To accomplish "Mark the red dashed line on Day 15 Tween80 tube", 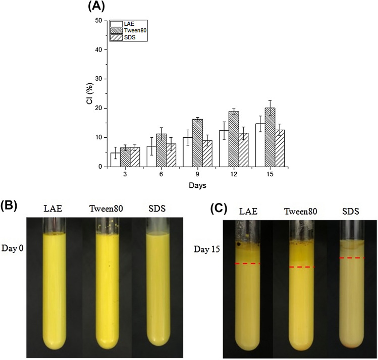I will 301,267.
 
